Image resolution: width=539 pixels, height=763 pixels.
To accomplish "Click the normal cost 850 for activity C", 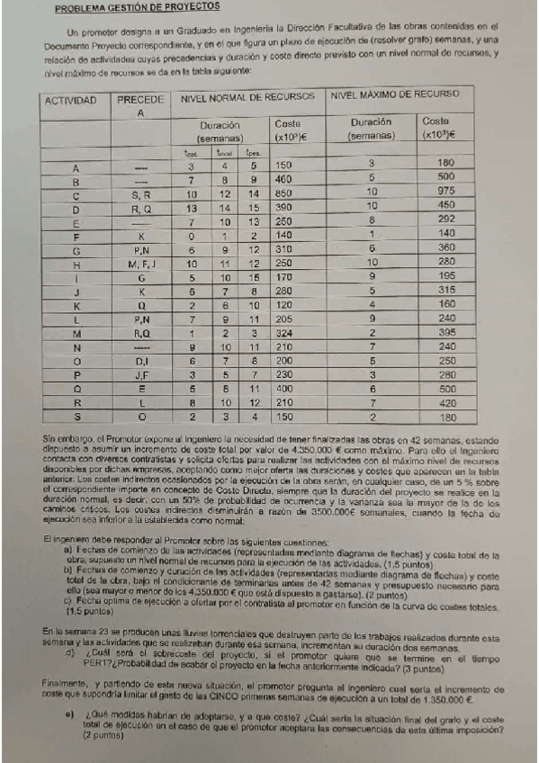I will [285, 193].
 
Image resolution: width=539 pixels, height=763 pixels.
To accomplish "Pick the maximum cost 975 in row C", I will [446, 193].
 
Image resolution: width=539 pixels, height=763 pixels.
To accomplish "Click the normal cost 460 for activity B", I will [285, 180].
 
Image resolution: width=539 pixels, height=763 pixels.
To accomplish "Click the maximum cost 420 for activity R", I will [446, 403].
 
